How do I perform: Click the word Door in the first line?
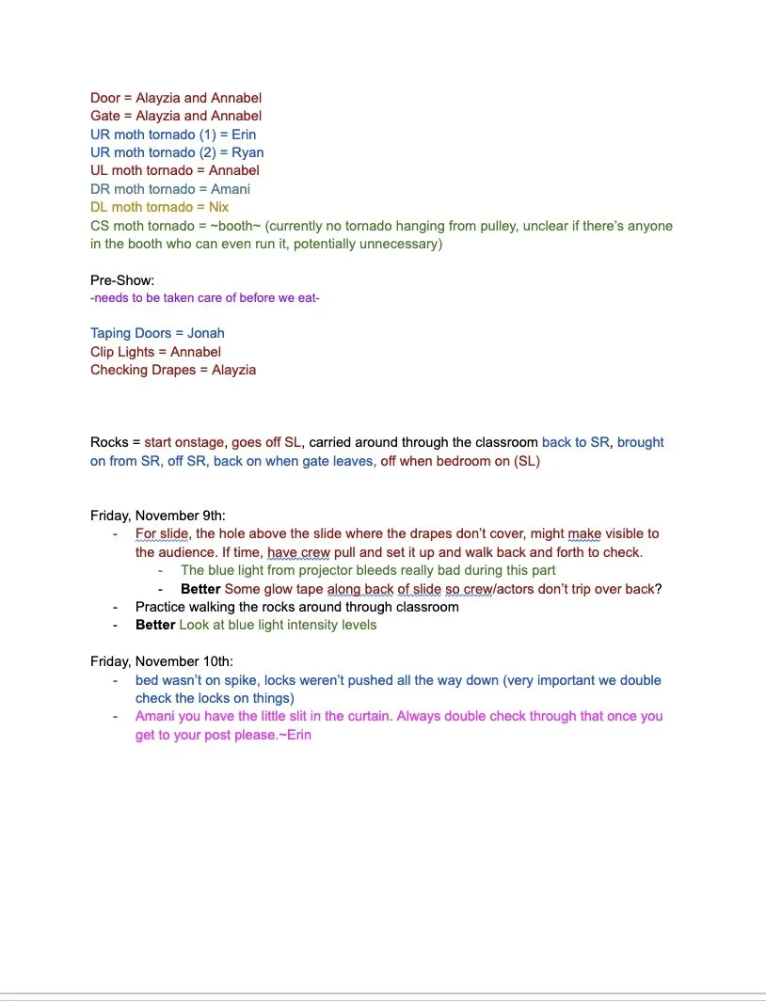pos(105,98)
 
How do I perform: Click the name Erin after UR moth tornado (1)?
pos(243,135)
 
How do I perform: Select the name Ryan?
pos(247,152)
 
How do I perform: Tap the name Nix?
pos(218,207)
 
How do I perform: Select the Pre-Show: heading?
pos(122,280)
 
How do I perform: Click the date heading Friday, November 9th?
pos(157,516)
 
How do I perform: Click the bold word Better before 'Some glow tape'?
pos(200,589)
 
